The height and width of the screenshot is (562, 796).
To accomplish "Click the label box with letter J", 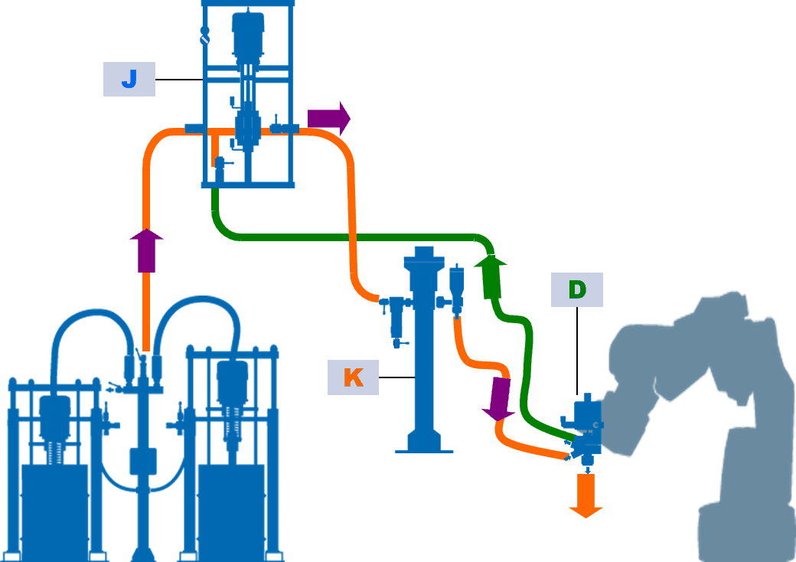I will point(129,79).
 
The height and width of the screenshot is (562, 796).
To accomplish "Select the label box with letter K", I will point(353,377).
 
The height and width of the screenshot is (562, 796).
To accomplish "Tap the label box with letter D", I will point(576,289).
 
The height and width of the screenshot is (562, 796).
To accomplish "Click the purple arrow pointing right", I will point(328,118).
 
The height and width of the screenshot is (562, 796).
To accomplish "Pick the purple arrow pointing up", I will point(146,250).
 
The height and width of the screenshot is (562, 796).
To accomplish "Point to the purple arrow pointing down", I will point(499,398).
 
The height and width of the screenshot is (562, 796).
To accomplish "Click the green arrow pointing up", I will point(491,279).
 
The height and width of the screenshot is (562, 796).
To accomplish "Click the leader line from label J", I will point(178,80).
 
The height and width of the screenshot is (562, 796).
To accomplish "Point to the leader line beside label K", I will point(396,377).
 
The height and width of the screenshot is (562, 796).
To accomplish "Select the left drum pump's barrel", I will point(54,505).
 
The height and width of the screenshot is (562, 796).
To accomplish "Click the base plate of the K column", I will point(424,446).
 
